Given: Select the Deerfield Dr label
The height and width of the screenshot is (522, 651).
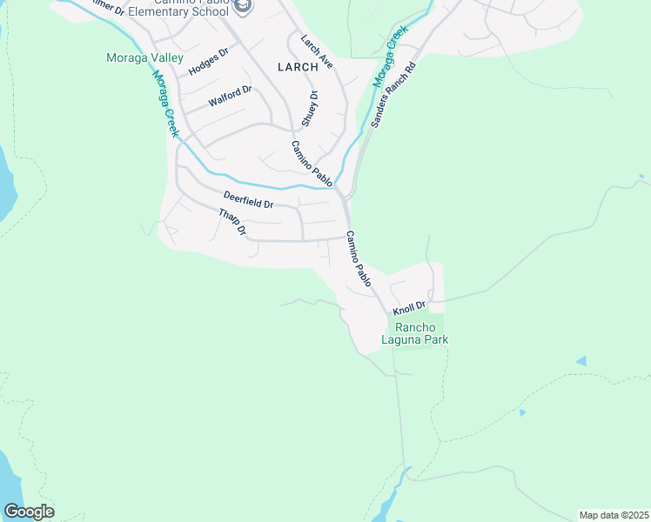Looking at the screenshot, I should (x=248, y=200).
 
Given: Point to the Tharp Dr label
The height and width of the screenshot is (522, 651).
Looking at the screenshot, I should (x=232, y=224).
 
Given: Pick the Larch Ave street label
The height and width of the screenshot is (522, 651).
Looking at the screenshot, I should (x=317, y=52).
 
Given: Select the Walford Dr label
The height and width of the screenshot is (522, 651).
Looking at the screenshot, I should (x=230, y=96).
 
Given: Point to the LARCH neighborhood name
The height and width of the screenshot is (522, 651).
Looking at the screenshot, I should (x=298, y=67).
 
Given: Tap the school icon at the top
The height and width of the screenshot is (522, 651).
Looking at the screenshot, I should (x=245, y=7).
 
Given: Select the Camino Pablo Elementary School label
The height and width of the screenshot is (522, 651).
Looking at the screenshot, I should (x=182, y=10).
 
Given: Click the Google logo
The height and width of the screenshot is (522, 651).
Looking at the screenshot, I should (x=29, y=512).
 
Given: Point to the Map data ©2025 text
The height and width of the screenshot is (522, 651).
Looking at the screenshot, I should (x=614, y=515).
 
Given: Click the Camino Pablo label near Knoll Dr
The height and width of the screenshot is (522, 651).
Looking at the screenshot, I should (x=359, y=258).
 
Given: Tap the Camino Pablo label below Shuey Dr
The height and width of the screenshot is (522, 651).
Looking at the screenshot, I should (x=312, y=164).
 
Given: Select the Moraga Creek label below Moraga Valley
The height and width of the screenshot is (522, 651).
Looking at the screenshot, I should (x=165, y=103).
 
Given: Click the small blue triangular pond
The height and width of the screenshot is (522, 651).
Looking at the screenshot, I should (x=581, y=360).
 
